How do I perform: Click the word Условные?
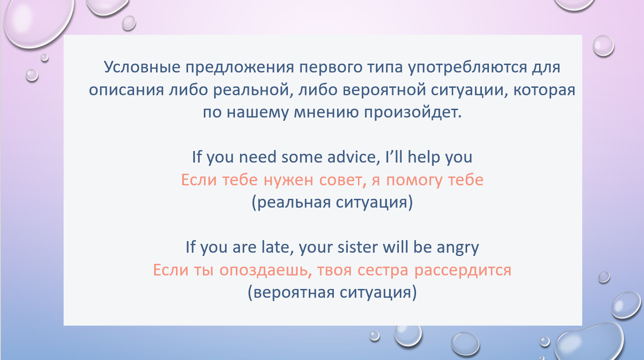pyautogui.click(x=142, y=67)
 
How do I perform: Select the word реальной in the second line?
pyautogui.click(x=253, y=90)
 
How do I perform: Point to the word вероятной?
pyautogui.click(x=384, y=90)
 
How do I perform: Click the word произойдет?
pyautogui.click(x=413, y=112)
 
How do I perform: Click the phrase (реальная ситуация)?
pyautogui.click(x=332, y=202)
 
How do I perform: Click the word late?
pyautogui.click(x=277, y=247)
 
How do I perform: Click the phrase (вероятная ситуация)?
pyautogui.click(x=332, y=293)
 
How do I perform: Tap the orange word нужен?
pyautogui.click(x=288, y=181)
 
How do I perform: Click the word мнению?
pyautogui.click(x=326, y=112)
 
